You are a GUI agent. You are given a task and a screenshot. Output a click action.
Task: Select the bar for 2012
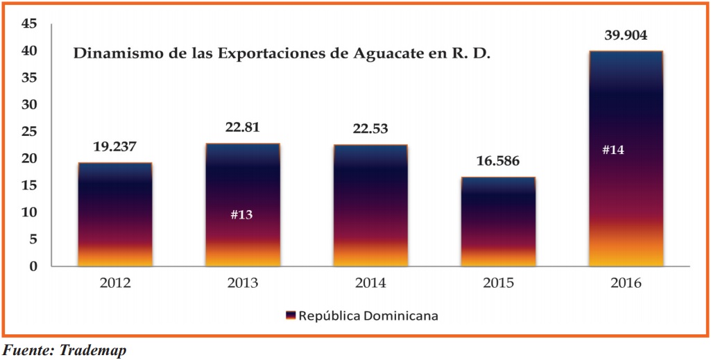(114, 214)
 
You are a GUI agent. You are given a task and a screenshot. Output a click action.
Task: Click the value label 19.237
(114, 148)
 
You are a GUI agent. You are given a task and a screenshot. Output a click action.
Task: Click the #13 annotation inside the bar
(241, 214)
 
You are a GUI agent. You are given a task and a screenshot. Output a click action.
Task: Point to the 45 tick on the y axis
(30, 24)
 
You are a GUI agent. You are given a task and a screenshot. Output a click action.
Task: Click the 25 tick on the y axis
(30, 132)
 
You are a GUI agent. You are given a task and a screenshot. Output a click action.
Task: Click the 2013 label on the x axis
(242, 283)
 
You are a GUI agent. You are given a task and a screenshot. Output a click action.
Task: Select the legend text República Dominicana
(368, 316)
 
